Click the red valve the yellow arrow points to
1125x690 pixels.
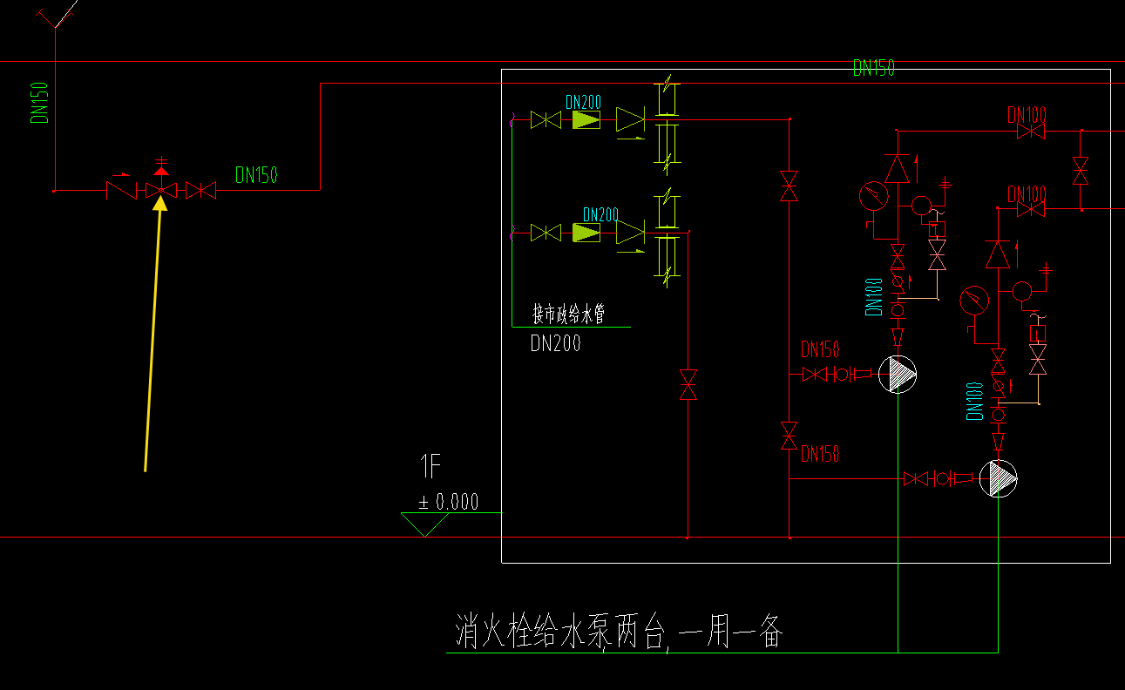[159, 190]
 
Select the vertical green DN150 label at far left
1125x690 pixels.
[40, 102]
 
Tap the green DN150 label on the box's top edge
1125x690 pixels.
[873, 69]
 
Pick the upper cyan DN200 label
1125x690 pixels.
[583, 103]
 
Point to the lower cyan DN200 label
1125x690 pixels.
[600, 214]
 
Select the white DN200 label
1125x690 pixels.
[555, 344]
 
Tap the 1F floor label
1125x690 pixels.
[430, 468]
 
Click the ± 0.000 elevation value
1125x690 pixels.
[448, 502]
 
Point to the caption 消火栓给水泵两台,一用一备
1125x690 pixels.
[619, 631]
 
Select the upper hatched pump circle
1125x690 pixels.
[898, 375]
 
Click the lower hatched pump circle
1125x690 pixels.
[999, 478]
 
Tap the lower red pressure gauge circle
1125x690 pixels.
[974, 301]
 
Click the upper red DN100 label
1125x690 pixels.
[1027, 114]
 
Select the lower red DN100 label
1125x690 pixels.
[1027, 193]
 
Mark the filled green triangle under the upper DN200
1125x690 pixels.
[586, 119]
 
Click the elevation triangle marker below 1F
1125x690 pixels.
[424, 524]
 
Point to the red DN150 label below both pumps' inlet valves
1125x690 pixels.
[820, 454]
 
